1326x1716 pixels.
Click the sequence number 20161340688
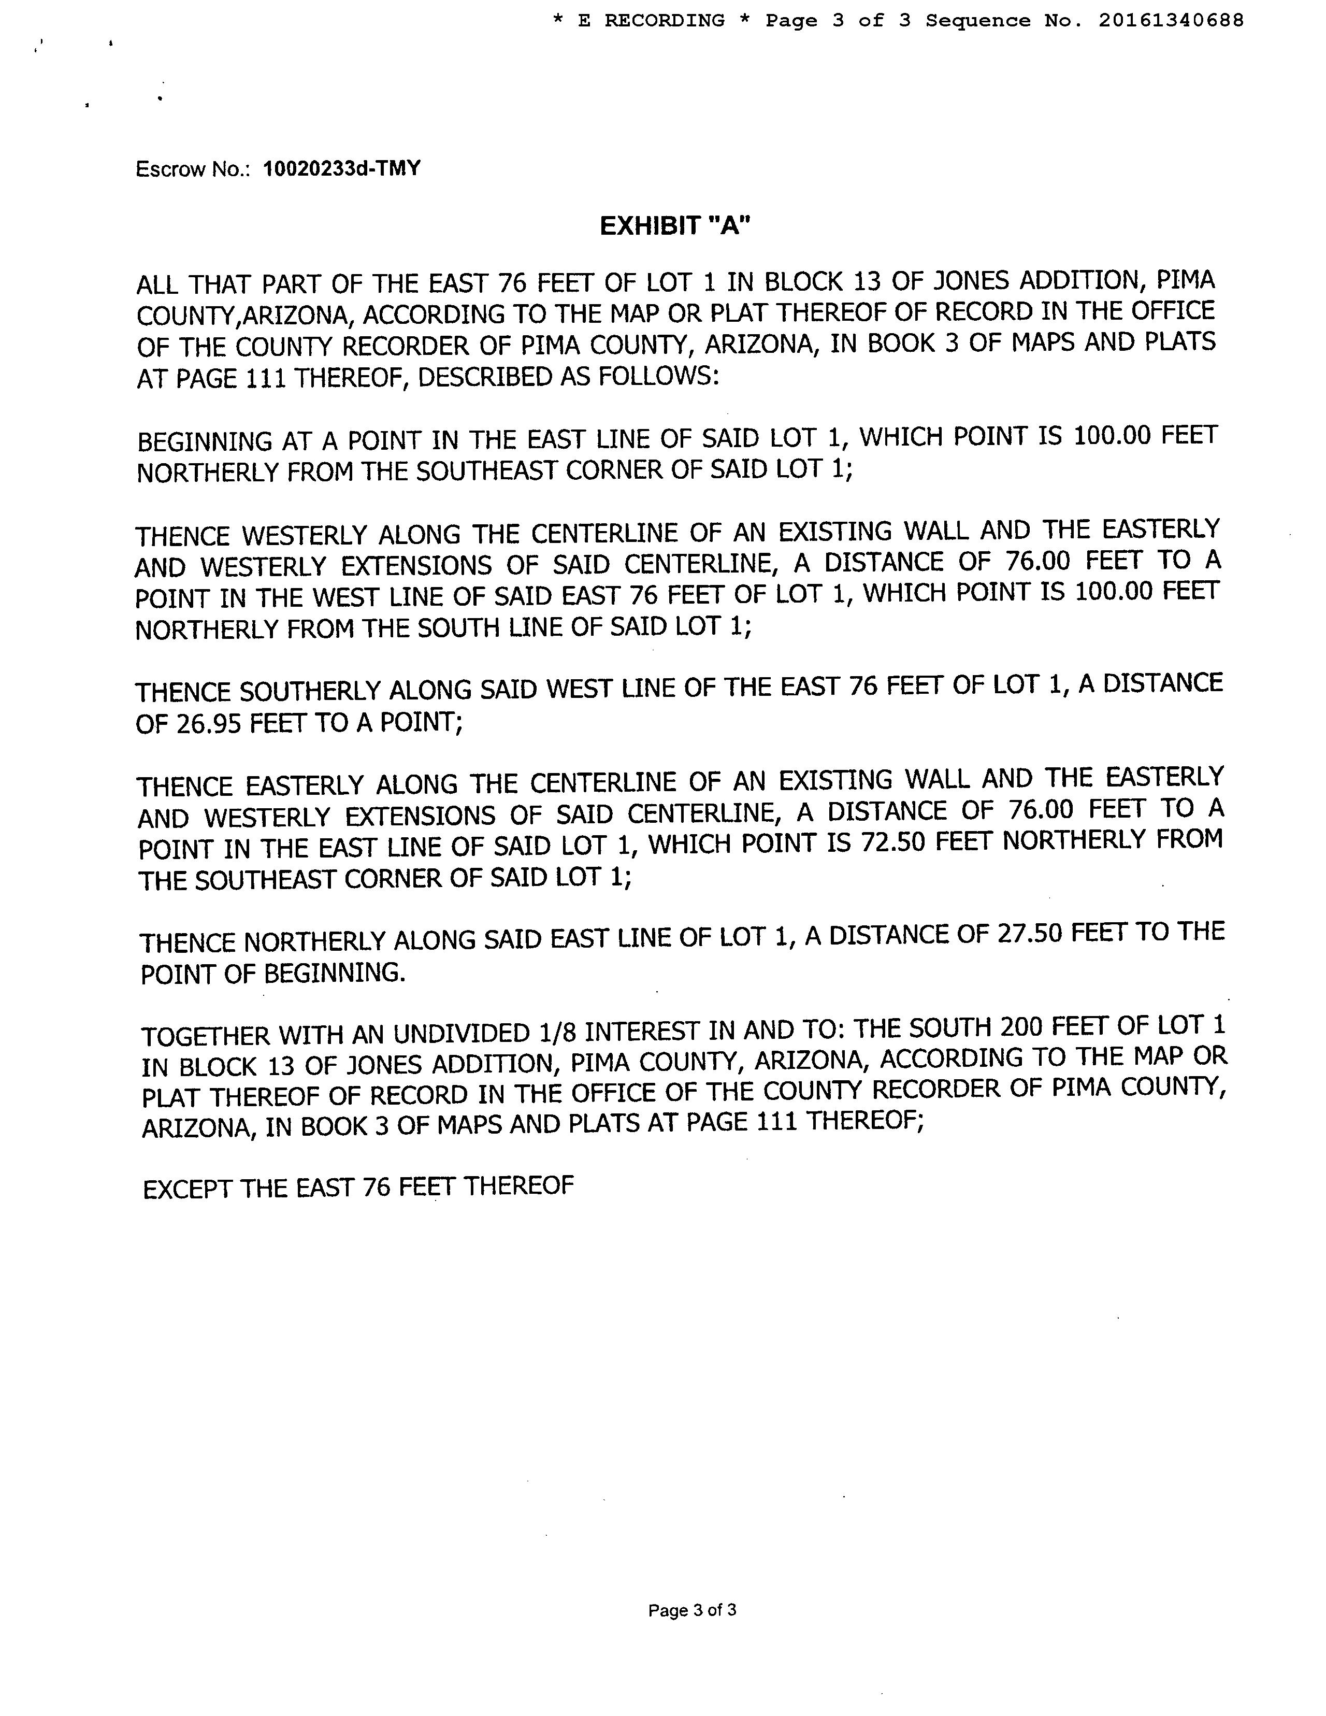(x=1171, y=20)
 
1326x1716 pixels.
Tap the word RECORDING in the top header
(x=664, y=20)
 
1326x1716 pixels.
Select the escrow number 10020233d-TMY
(x=342, y=168)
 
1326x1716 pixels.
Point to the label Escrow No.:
(x=193, y=169)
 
